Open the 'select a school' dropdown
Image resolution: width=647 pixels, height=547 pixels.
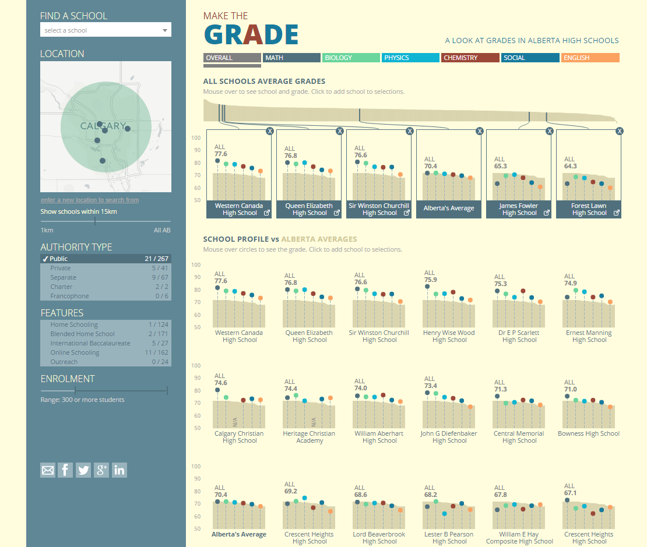[106, 30]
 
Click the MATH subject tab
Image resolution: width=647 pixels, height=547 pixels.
[291, 58]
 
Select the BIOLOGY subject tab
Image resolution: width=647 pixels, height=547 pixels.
[351, 58]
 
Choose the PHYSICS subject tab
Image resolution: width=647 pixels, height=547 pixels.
[410, 58]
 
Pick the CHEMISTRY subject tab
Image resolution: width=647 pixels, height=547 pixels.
[470, 58]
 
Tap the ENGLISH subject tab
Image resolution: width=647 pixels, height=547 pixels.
[590, 58]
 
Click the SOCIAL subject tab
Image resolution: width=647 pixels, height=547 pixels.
[530, 58]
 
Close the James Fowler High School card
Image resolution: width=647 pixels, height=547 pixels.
[549, 131]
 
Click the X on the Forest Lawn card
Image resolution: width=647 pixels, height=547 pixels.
[619, 131]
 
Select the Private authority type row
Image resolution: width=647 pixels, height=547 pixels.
[106, 268]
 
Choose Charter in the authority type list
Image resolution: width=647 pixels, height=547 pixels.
[106, 287]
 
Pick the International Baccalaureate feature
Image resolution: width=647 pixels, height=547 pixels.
[106, 343]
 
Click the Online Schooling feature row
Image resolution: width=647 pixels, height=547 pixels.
[106, 352]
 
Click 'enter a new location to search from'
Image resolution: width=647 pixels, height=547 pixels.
[90, 200]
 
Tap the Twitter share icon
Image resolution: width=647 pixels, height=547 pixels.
[83, 470]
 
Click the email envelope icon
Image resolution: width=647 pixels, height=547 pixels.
[48, 470]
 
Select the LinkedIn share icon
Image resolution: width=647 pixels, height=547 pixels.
[119, 470]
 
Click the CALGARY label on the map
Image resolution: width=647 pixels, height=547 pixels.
[103, 126]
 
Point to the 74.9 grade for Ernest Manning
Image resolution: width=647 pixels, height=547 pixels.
[571, 284]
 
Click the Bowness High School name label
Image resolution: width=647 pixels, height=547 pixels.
[589, 433]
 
